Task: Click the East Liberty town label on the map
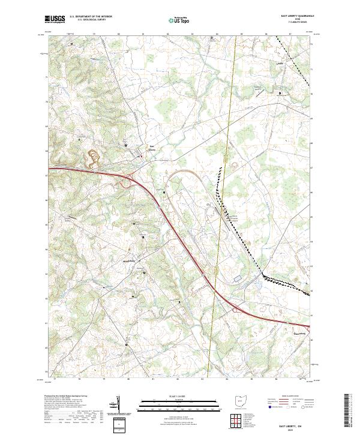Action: point(152,148)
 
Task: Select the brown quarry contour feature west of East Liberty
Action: point(94,157)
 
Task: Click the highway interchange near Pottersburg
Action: point(238,308)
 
